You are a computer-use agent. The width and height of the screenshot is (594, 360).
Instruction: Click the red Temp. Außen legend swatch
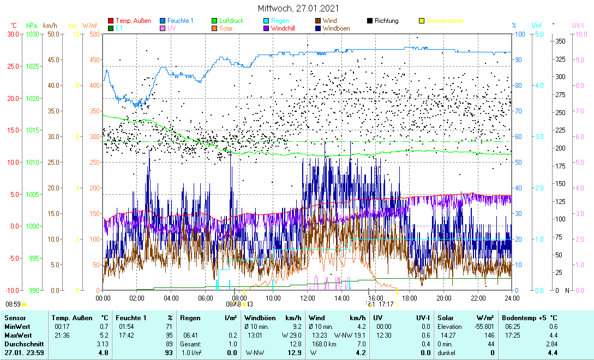coord(111,21)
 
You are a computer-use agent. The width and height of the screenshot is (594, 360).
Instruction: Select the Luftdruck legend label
coord(232,21)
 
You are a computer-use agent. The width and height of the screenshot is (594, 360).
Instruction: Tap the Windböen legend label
coord(336,28)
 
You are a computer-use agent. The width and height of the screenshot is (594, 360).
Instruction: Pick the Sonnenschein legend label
coord(445,21)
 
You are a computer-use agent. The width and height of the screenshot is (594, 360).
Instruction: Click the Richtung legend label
coord(387,21)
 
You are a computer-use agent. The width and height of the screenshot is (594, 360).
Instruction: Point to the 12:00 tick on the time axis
coord(308,298)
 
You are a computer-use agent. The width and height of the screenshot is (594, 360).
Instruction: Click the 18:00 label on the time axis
coord(410,298)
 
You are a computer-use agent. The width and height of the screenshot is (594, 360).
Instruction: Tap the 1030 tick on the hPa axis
coord(32,34)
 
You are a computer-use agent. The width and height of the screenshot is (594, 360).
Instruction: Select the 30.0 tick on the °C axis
coord(13,34)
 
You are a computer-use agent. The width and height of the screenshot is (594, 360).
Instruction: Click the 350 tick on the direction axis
coord(560,41)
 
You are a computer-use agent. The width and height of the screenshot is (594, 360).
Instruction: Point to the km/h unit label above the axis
coord(50,26)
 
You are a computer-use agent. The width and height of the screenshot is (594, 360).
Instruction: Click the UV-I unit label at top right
coord(578,26)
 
